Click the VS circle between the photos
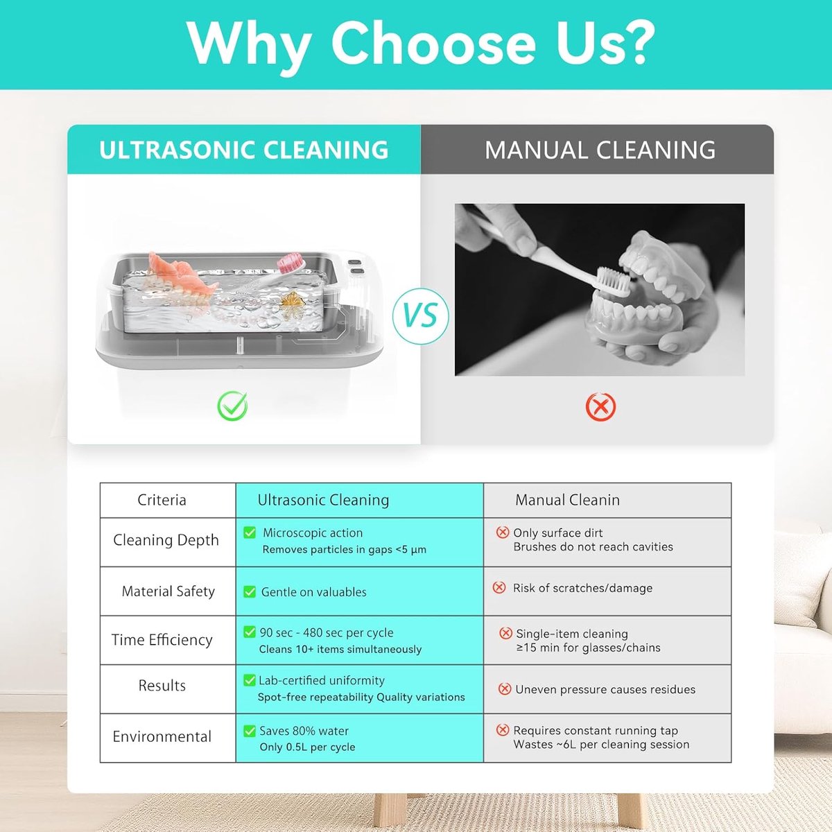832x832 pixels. pos(421,316)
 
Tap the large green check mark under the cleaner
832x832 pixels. pos(232,406)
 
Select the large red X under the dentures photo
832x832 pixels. pos(600,407)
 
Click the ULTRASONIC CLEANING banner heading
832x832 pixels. pos(244,150)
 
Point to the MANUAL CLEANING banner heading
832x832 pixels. pos(600,150)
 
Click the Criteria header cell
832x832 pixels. pos(162,500)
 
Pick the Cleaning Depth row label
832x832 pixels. pos(166,540)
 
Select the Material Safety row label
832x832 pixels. pos(168,591)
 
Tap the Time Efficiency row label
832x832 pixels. pos(162,640)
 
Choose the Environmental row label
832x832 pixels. pos(162,736)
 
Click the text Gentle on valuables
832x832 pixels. pos(314,592)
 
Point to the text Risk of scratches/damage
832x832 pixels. pos(582,588)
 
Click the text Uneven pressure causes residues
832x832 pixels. pos(605,689)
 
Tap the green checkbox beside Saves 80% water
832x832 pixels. pos(250,731)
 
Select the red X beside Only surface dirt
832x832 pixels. pos(503,532)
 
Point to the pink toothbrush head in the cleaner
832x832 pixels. pos(289,263)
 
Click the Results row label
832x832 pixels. pos(162,686)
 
